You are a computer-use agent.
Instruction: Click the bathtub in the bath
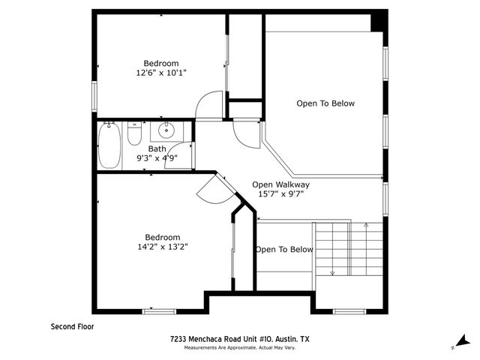tap(109, 145)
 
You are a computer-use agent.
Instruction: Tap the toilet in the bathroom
tap(135, 134)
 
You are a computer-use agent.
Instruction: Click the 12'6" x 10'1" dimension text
tap(160, 73)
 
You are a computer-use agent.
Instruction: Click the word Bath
tap(157, 148)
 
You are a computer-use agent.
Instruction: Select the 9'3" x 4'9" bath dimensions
tap(157, 158)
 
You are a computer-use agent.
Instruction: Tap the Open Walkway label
tap(280, 184)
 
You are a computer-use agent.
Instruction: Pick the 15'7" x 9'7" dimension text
tap(280, 193)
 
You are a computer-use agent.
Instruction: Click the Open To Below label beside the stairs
tap(283, 250)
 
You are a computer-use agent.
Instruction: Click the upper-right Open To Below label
tap(325, 103)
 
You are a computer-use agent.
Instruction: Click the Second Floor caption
tap(73, 326)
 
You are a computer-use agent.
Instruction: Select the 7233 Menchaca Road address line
tap(239, 339)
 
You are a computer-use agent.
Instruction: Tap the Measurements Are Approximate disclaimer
tap(239, 347)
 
